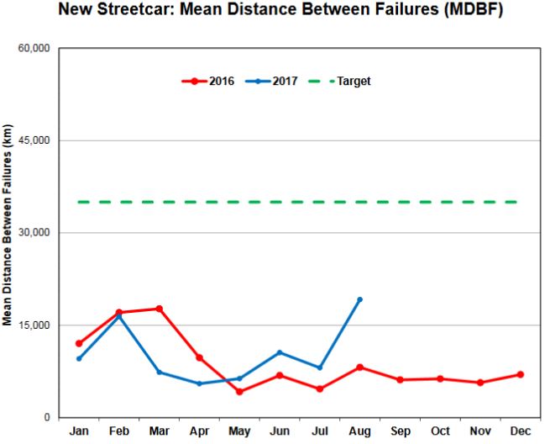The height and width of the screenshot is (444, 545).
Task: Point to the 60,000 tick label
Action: coord(34,49)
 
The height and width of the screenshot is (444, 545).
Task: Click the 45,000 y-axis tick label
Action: coord(34,140)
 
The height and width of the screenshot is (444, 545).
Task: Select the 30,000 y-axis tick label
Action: coord(34,233)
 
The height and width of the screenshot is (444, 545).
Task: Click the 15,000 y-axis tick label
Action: coord(34,325)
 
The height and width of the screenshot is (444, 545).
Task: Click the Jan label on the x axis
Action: coord(79,431)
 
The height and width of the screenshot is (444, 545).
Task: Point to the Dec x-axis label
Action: coord(521,431)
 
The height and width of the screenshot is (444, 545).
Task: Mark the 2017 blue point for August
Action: coord(359,299)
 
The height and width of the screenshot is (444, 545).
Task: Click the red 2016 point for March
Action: coord(159,309)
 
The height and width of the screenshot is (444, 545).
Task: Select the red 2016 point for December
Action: coord(521,374)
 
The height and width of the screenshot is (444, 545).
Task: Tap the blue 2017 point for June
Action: coord(279,352)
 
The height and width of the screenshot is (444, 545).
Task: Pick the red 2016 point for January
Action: coord(79,343)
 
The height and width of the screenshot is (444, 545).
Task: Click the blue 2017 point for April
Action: coord(199,383)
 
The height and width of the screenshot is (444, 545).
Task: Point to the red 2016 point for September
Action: coord(400,379)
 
